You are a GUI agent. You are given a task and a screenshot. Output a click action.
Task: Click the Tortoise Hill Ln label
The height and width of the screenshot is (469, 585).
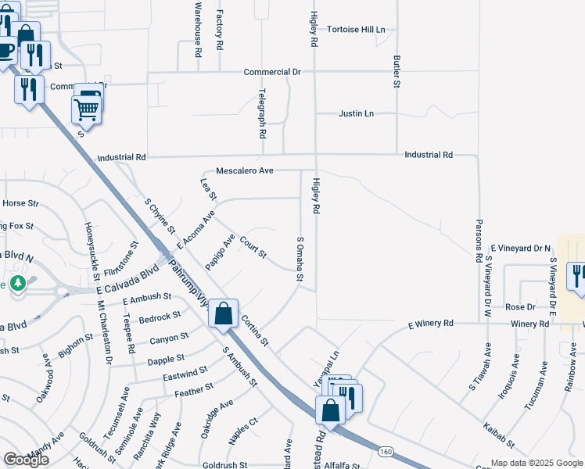[357, 30]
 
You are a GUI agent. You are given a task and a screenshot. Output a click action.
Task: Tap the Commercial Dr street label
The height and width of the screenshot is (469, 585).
[272, 72]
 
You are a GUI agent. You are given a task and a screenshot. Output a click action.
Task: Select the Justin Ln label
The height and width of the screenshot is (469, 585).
[356, 114]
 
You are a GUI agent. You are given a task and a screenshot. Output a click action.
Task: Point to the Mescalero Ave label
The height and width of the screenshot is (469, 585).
[244, 170]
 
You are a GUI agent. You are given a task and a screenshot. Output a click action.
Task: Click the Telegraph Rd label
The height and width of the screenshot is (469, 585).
[263, 113]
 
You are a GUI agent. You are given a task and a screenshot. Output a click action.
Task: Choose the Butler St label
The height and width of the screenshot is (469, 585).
[397, 71]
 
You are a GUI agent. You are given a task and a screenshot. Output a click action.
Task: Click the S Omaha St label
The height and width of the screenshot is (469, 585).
[300, 260]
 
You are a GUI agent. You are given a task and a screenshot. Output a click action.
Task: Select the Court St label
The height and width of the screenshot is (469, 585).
[253, 249]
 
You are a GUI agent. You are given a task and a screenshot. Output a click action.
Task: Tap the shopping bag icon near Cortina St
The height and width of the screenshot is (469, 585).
[224, 314]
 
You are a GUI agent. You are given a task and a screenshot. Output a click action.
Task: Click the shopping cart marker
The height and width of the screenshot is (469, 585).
[86, 110]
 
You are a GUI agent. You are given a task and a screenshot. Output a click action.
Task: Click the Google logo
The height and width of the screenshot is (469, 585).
[27, 460]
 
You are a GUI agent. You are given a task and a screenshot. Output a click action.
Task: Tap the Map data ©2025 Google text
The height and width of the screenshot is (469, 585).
[537, 463]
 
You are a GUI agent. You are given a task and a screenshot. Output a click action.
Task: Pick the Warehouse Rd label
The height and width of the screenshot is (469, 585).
[199, 27]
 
